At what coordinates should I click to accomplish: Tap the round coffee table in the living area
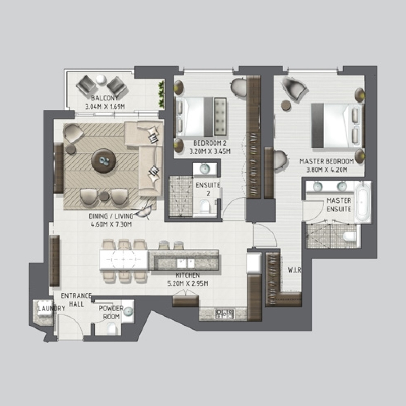104,161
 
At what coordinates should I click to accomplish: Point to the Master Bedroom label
323,161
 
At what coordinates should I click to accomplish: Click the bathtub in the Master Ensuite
362,202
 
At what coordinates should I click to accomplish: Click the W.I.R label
295,269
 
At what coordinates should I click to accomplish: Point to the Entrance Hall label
76,299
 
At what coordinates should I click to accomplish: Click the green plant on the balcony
162,94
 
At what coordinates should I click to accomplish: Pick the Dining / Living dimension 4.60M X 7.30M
111,224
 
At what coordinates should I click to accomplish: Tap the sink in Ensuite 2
205,169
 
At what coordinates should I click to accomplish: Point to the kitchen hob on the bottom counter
223,313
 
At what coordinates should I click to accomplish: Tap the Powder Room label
109,312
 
